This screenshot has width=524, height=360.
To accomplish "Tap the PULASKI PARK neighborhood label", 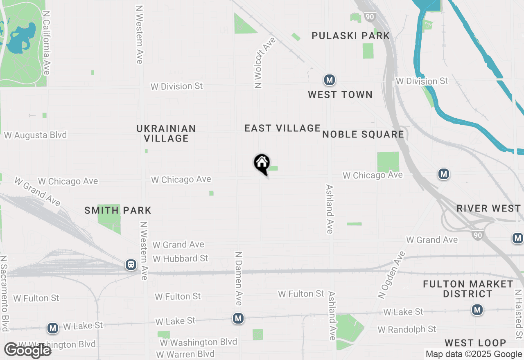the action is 351,36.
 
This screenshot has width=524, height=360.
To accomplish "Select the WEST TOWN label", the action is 340,94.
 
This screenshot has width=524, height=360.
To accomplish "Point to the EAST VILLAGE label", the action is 282,128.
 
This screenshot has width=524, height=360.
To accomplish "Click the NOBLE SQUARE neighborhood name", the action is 363,134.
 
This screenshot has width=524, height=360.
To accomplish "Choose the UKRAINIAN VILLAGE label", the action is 166,133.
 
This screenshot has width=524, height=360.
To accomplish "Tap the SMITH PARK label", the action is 118,210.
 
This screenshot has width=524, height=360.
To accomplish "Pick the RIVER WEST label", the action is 488,208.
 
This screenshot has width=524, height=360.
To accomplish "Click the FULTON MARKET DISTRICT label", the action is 468,289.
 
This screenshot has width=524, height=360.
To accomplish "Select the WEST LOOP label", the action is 475,343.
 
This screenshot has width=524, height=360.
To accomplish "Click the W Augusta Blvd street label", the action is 35,135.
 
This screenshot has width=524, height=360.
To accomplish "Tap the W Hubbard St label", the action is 181,259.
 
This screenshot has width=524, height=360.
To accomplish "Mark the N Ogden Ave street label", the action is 391,274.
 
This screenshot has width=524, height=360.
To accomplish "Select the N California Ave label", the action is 46,43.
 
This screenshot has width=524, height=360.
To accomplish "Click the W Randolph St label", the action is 407,329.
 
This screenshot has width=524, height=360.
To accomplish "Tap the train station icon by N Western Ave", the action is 131,265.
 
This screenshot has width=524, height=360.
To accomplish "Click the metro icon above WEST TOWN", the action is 330,80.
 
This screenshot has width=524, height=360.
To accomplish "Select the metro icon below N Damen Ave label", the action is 238,318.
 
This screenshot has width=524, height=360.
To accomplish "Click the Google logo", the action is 27,351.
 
